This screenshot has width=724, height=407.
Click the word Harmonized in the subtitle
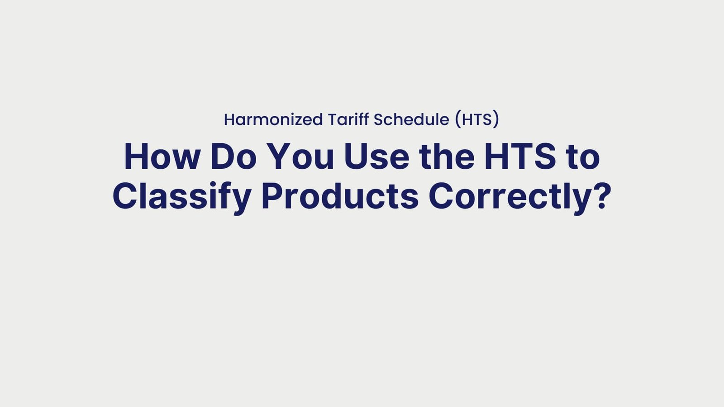point(273,120)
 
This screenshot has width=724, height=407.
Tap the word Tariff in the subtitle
point(348,120)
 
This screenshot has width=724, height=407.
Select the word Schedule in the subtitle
point(411,120)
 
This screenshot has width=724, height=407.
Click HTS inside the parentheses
point(477,120)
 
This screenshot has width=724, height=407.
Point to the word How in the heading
point(162,157)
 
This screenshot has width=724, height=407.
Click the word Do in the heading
point(233,157)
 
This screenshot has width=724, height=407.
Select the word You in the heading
point(300,157)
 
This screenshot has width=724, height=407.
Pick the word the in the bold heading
point(447,157)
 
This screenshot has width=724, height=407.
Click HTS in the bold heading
point(520,157)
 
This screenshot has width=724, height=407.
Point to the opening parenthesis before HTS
point(458,120)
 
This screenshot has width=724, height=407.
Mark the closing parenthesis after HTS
point(496,120)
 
